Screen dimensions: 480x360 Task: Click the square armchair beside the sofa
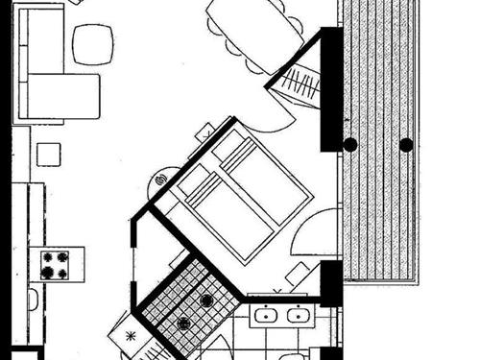[93, 44]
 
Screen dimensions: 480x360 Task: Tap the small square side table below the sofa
[48, 153]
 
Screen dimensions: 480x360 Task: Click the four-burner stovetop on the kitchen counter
[55, 265]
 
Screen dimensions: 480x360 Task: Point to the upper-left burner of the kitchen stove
[45, 257]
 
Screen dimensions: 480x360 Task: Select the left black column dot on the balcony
[350, 145]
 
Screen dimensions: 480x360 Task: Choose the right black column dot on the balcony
[406, 145]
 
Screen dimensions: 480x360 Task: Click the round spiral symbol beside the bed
[161, 179]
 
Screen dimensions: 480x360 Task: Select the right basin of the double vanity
[300, 315]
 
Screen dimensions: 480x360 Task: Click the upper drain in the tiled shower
[205, 300]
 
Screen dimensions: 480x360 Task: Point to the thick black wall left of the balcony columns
[331, 88]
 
